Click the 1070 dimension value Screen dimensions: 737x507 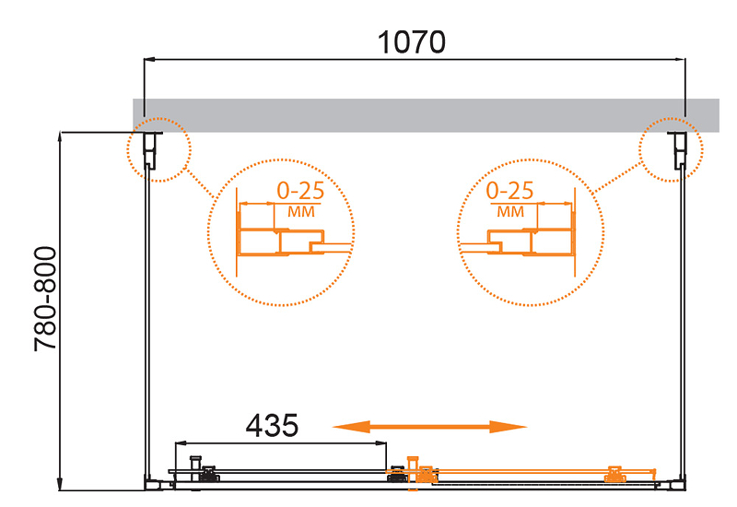point(411,41)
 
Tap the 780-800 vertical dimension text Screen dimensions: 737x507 point(45,299)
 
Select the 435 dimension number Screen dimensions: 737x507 point(272,425)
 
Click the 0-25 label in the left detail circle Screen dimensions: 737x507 point(300,191)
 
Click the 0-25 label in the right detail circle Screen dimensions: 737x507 point(509,191)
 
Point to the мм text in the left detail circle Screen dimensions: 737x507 point(301,212)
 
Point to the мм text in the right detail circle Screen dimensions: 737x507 point(510,212)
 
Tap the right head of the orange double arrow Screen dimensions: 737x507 point(509,427)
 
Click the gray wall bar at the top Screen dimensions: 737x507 point(426,115)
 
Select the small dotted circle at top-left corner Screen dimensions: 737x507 point(158,149)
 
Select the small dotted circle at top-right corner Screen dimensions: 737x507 point(672,149)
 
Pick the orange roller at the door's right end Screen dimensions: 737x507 point(615,474)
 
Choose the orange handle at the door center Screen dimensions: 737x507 point(413,473)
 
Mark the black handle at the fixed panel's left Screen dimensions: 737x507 point(195,468)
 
